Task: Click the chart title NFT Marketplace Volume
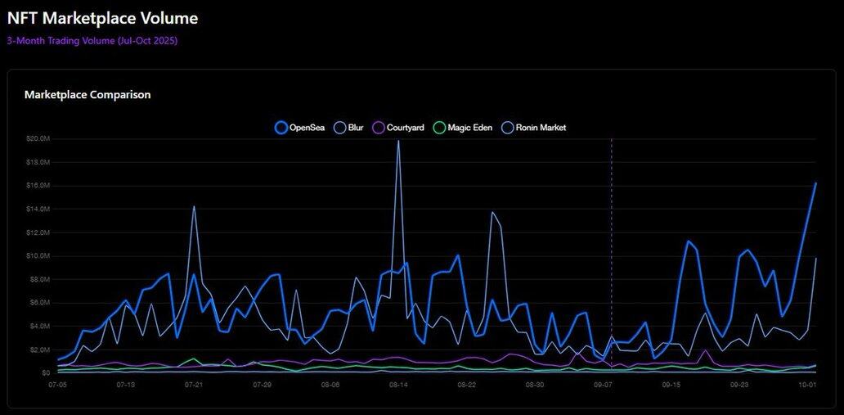(x=102, y=17)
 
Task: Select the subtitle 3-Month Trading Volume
(x=92, y=40)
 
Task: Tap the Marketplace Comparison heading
(x=88, y=95)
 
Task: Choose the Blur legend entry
(x=349, y=128)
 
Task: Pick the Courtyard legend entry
(x=399, y=128)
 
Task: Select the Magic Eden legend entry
(x=463, y=128)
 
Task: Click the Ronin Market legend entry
(x=534, y=128)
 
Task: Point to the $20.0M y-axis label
(x=37, y=139)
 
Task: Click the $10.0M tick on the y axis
(x=37, y=256)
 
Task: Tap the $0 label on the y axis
(x=45, y=373)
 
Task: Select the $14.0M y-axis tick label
(x=37, y=210)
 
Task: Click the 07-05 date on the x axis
(x=57, y=384)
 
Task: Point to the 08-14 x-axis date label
(x=398, y=384)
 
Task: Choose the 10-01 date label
(x=807, y=384)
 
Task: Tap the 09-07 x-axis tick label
(x=603, y=384)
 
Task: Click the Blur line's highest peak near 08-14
(x=398, y=141)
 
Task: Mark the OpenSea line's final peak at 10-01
(x=815, y=183)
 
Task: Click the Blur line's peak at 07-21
(x=194, y=206)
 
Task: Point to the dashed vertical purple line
(x=611, y=246)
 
